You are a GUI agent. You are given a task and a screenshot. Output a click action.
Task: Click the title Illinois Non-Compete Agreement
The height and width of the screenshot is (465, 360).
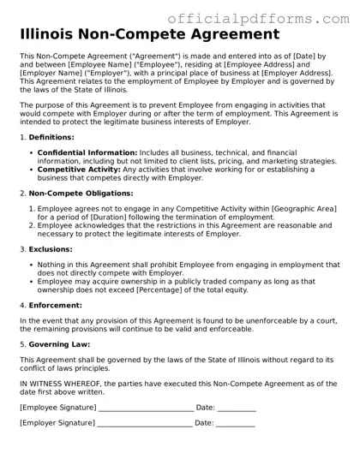coord(149,34)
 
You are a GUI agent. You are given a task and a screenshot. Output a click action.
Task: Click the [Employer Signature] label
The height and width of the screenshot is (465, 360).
coord(57,423)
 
